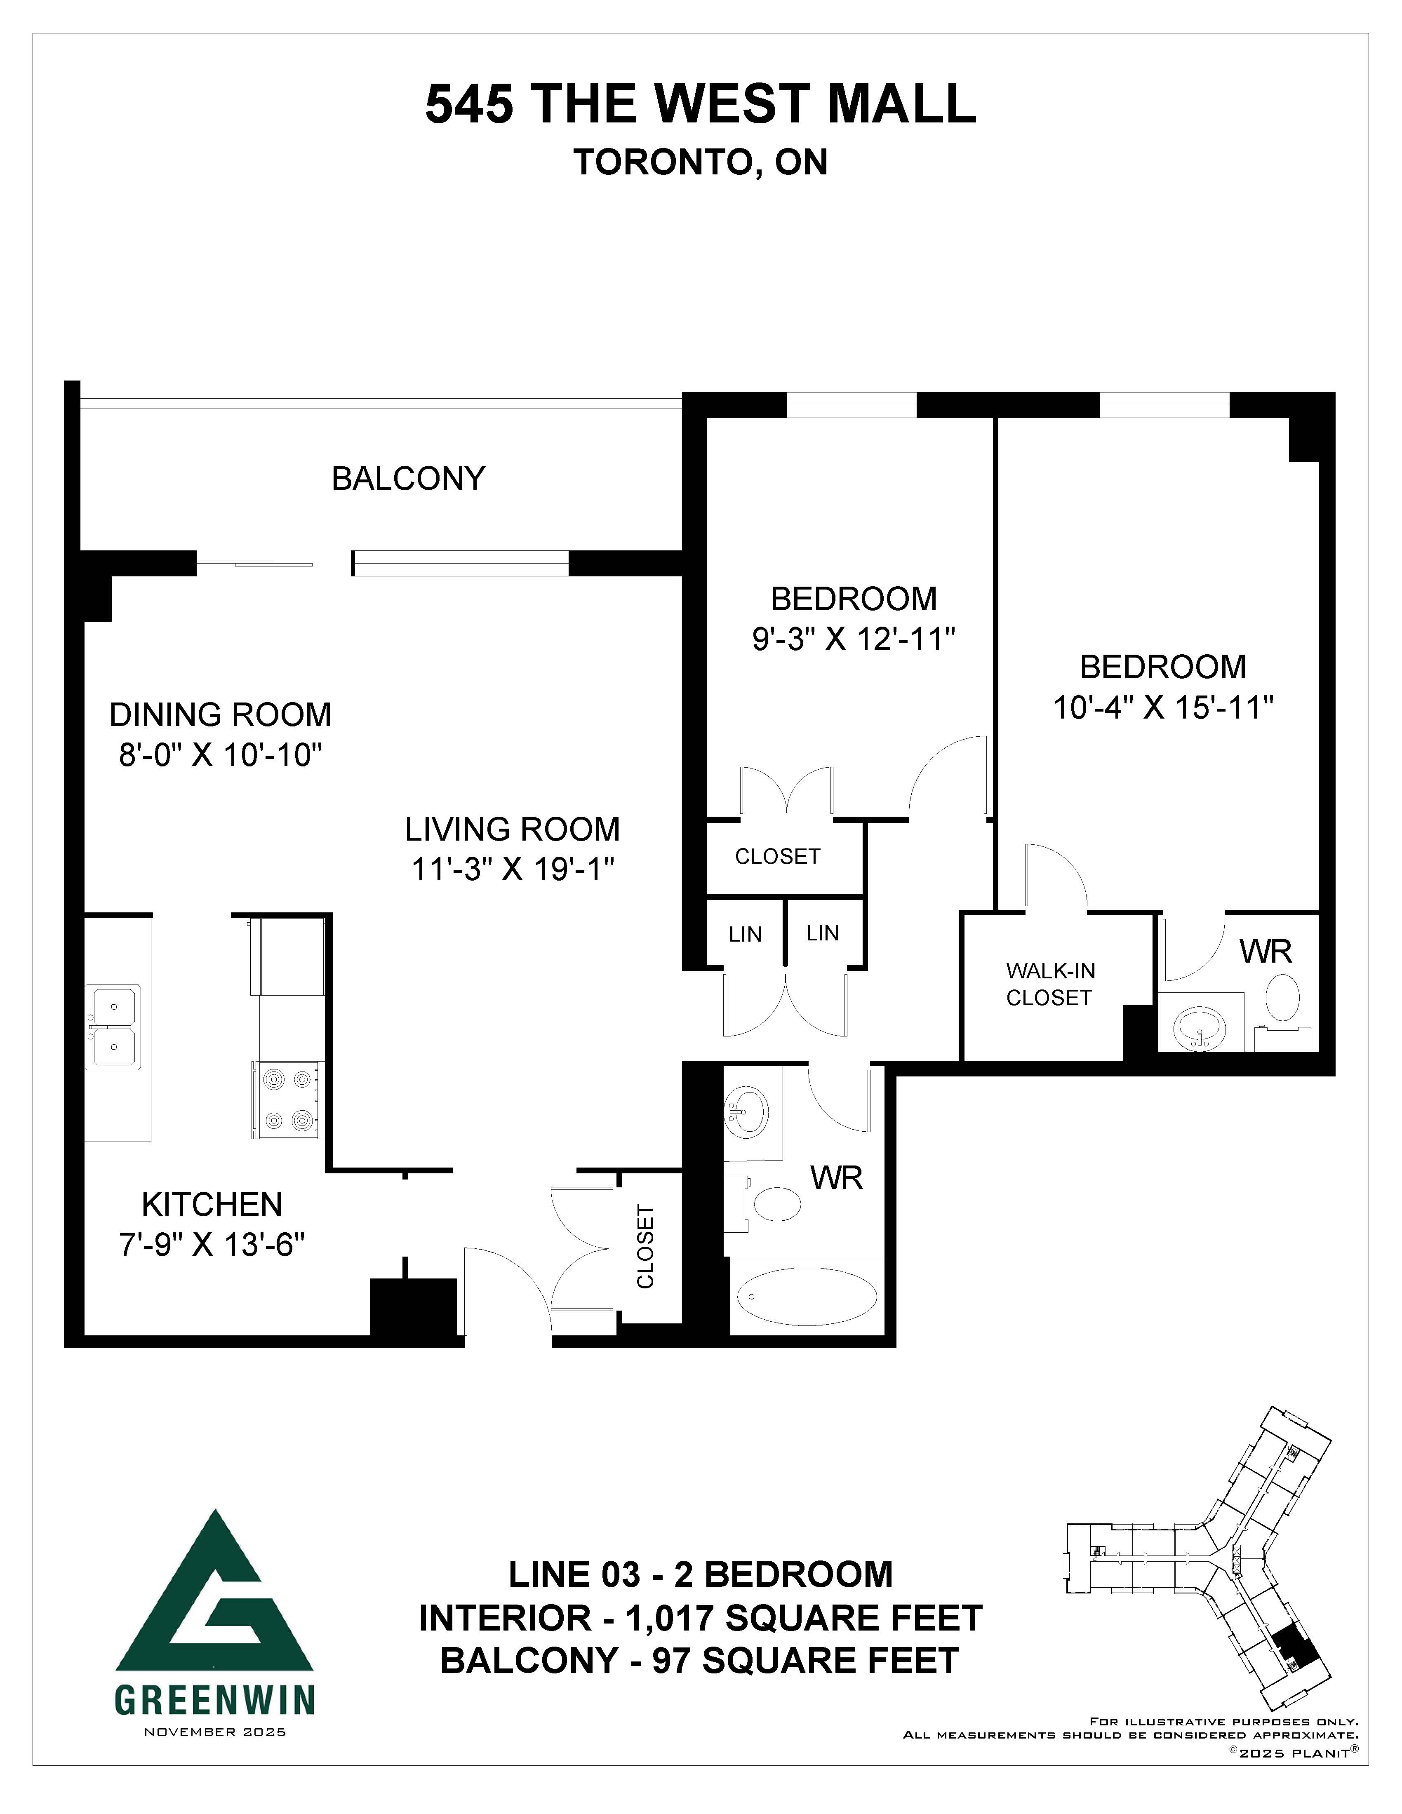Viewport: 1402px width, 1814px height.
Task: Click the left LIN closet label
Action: [x=745, y=934]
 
